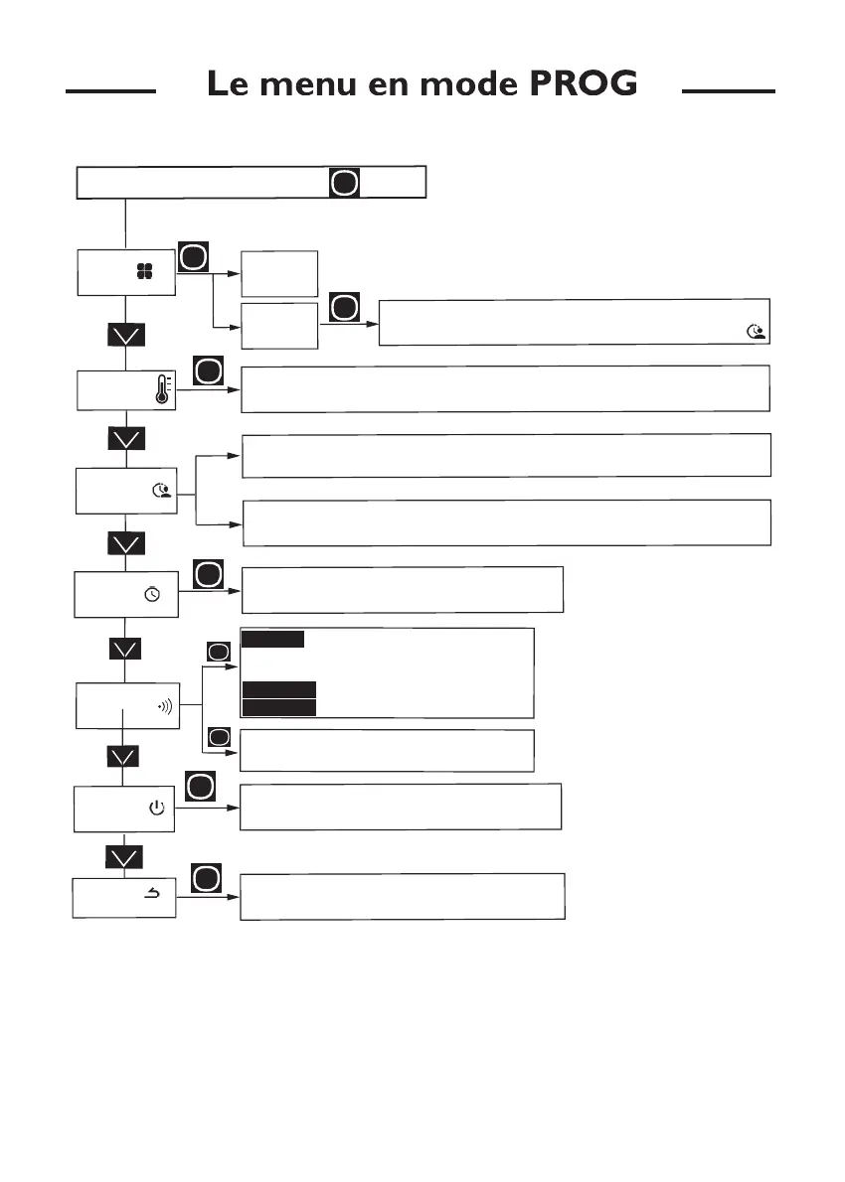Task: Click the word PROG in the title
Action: [x=584, y=84]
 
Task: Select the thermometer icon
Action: [x=162, y=388]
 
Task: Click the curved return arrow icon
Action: [x=153, y=895]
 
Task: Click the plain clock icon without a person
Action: [x=152, y=594]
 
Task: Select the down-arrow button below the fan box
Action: [x=126, y=335]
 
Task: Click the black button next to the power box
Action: [x=199, y=788]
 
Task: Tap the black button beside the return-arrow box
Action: [x=205, y=878]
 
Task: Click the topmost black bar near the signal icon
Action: [x=272, y=639]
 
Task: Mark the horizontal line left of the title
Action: [x=110, y=90]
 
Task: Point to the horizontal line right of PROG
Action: [x=728, y=90]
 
